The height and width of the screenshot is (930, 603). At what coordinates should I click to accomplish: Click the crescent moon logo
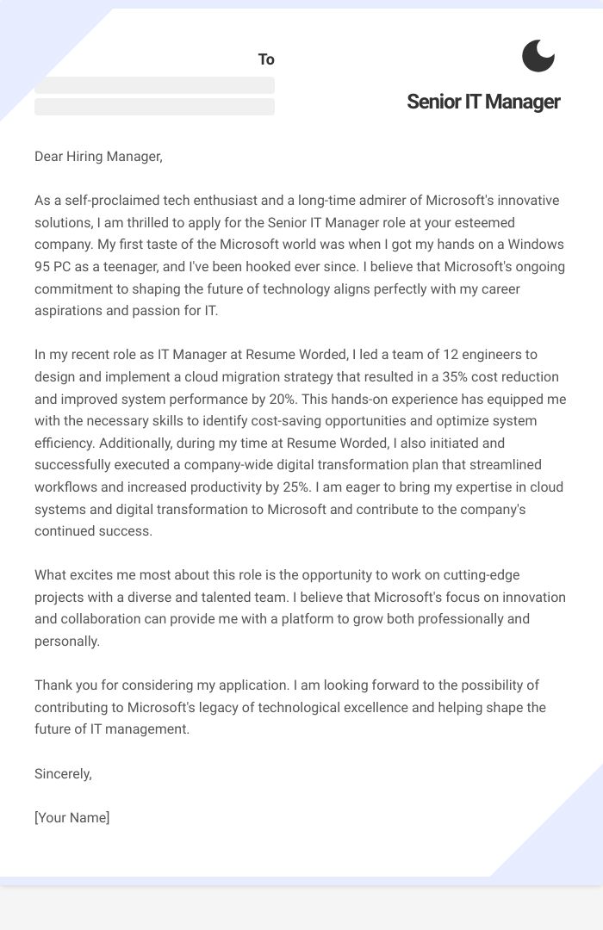point(538,56)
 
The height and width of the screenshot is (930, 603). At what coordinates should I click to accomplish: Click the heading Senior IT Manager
point(483,102)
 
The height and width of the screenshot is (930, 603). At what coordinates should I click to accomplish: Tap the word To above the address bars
point(266,59)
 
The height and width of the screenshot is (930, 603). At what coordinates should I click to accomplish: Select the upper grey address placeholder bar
point(154,85)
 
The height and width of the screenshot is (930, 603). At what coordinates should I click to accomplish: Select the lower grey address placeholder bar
point(154,107)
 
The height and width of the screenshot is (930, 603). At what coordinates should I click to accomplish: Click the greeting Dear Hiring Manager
point(98,156)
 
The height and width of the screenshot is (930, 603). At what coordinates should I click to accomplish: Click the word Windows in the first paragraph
point(535,245)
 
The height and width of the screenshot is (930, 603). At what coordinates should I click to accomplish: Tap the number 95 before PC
point(43,267)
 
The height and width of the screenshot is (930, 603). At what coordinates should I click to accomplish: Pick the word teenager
point(155,267)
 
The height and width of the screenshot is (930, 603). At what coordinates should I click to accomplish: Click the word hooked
point(283,267)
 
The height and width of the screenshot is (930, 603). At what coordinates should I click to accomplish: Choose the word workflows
point(65,487)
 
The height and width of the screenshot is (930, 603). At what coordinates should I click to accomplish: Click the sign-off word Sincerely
point(63,773)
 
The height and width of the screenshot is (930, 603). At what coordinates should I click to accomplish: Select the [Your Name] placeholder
point(72,817)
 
